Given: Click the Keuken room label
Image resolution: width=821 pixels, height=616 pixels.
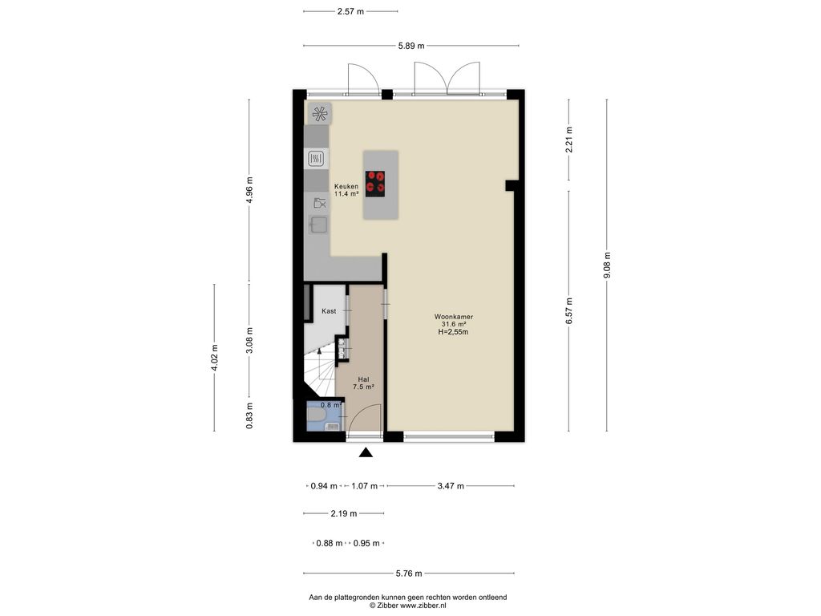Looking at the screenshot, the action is pos(346,189).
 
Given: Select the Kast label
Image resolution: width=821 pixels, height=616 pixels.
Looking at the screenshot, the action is pos(329,311).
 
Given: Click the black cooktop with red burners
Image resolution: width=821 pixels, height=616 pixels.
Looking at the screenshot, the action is pos(375,184).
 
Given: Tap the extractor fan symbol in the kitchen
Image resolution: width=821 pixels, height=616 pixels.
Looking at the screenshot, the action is pos(319,113).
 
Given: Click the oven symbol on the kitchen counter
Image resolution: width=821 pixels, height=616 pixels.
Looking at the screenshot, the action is pos(316,158).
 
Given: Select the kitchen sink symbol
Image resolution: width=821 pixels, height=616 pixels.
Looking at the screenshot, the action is pos(318,225).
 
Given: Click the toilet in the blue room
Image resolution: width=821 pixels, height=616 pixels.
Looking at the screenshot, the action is pos(316,415).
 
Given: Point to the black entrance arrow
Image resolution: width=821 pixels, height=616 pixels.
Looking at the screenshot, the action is pos(366,452).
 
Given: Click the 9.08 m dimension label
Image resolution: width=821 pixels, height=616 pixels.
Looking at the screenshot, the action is pos(608,265).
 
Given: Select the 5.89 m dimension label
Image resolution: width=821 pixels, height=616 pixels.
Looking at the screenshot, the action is pos(411,46).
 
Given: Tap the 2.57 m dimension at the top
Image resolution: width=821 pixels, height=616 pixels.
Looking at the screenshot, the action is pos(350,11).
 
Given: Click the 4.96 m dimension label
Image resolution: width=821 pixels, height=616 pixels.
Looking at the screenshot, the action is pos(249,190).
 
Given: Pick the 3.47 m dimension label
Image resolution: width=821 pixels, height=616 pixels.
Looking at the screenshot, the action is pos(451,486).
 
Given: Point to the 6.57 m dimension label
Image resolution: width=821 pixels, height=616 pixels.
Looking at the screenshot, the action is pos(569,310).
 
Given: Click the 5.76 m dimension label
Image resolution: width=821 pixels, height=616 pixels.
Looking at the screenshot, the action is pos(409,573).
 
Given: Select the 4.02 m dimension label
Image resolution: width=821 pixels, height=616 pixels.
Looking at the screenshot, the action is pos(214,358).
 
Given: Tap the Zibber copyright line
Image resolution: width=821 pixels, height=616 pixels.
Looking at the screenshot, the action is pos(408,605).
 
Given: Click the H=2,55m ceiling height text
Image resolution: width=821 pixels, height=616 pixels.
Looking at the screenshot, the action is pos(454,331).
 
